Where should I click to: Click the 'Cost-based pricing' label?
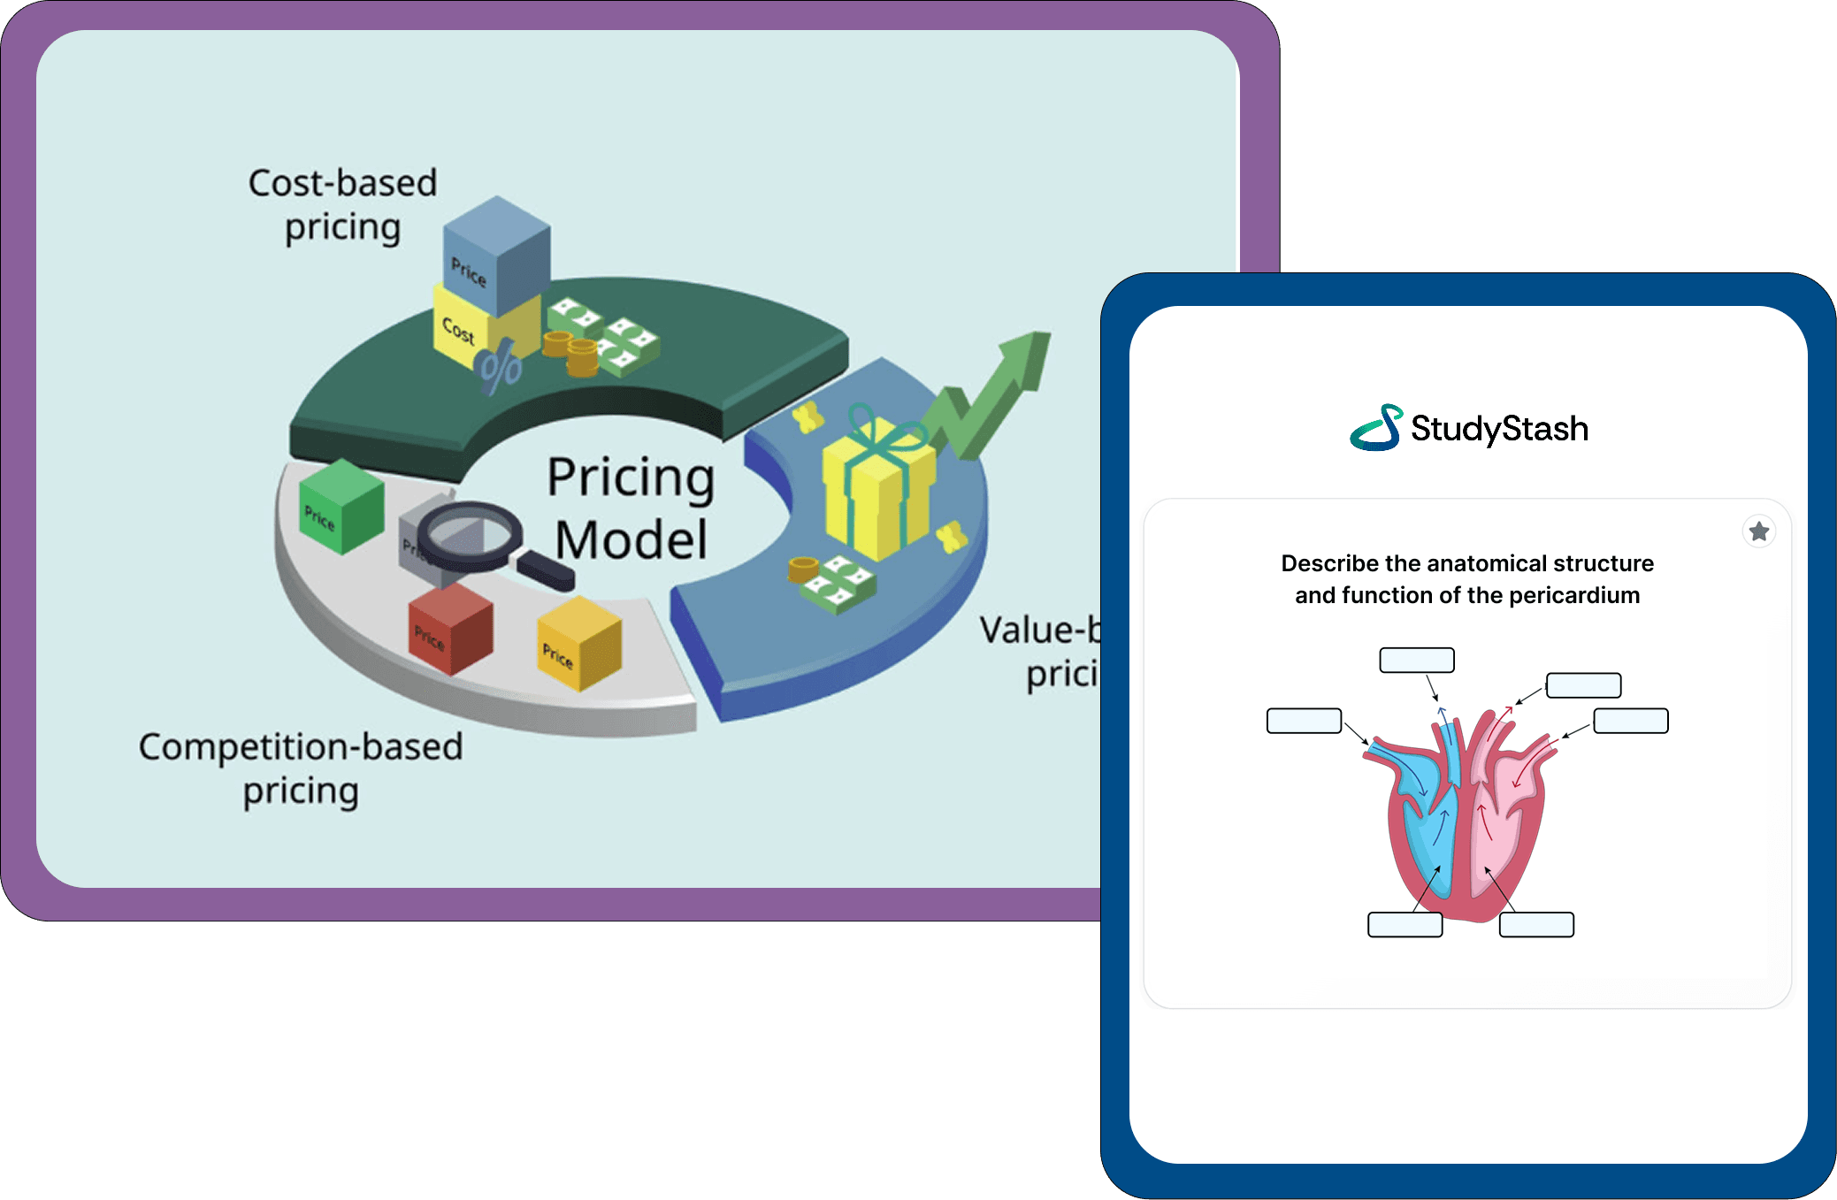tap(343, 204)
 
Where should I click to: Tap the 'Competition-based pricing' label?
tap(301, 768)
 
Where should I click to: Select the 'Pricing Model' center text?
tap(631, 508)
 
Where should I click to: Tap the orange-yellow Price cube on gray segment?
tap(579, 643)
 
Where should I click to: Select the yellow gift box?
tap(878, 491)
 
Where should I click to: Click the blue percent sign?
tap(500, 370)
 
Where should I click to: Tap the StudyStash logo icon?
tap(1376, 428)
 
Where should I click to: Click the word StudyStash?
tap(1499, 429)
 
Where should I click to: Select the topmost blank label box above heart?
tap(1417, 660)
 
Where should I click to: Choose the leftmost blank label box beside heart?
tap(1304, 721)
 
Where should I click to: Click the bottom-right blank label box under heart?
tap(1536, 925)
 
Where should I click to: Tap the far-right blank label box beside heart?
tap(1631, 721)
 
